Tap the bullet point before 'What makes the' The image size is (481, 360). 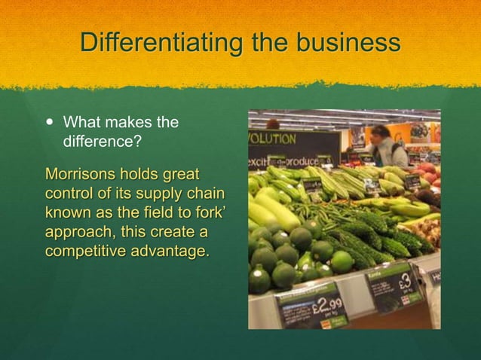click(51, 122)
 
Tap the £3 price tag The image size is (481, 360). click(400, 284)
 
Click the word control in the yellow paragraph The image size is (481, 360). click(69, 194)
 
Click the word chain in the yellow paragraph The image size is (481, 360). click(206, 194)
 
